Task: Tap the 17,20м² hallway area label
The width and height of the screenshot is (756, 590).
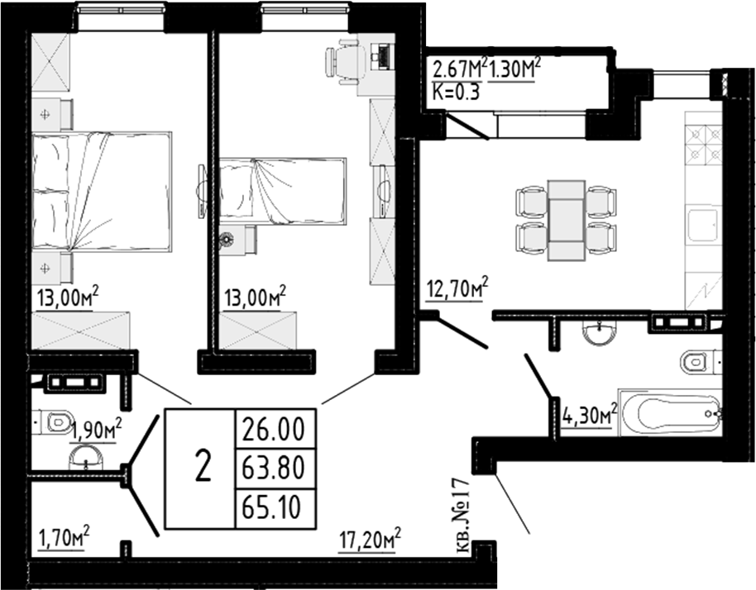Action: click(x=370, y=541)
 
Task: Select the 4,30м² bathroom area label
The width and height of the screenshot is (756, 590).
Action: click(x=591, y=413)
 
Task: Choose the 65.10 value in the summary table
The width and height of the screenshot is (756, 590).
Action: click(x=274, y=504)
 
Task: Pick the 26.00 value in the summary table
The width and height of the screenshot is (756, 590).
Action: click(x=274, y=430)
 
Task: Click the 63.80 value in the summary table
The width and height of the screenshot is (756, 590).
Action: click(x=274, y=468)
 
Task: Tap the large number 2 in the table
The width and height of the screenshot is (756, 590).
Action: click(x=201, y=468)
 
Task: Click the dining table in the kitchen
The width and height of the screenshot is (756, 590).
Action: click(x=567, y=217)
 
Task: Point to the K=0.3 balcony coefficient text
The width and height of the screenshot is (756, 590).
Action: click(x=456, y=92)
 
